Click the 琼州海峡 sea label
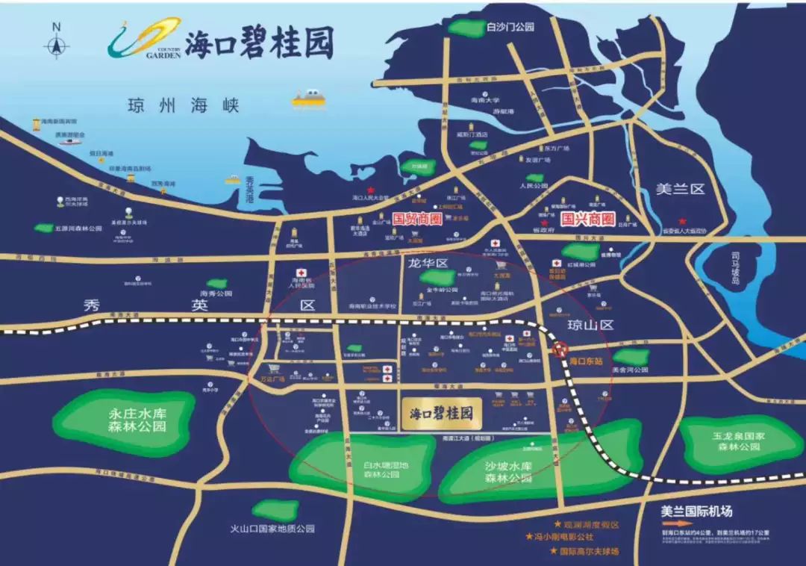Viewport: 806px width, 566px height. (x=182, y=105)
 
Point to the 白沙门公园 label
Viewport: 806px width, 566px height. (x=510, y=27)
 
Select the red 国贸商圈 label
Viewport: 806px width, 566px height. (x=417, y=220)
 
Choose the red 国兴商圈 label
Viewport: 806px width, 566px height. (x=587, y=220)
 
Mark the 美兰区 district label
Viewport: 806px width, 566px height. (x=680, y=189)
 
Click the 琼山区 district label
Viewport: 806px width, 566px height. (x=590, y=325)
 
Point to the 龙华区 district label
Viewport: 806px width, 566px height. (x=427, y=264)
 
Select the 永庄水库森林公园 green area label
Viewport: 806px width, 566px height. (x=137, y=420)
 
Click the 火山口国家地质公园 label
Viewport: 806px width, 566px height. (x=272, y=528)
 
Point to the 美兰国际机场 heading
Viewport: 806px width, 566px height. (x=697, y=511)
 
